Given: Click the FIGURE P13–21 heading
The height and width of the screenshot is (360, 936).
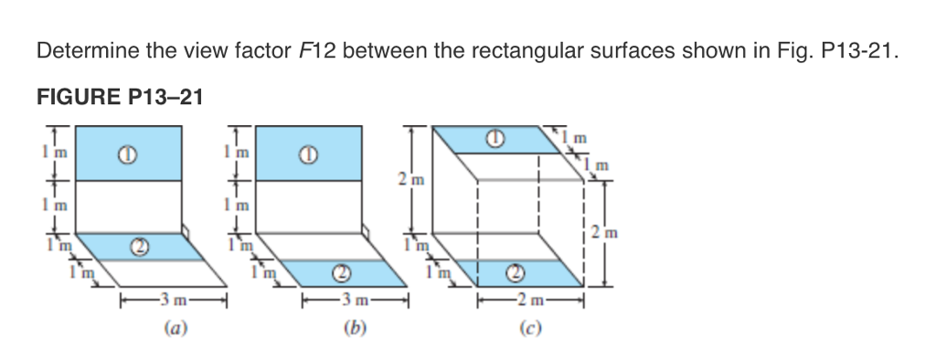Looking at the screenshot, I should click(x=119, y=96).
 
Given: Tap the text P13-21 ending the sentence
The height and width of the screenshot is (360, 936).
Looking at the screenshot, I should click(x=855, y=51).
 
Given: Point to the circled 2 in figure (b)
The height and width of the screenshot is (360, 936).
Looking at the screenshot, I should click(x=341, y=272).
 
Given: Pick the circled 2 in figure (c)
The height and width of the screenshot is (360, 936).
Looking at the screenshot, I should click(x=515, y=272).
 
